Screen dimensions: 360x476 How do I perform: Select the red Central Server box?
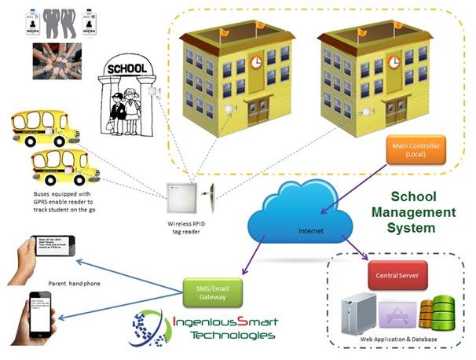397,275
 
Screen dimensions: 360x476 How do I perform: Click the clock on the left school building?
257,62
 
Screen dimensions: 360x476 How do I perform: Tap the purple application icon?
396,312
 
